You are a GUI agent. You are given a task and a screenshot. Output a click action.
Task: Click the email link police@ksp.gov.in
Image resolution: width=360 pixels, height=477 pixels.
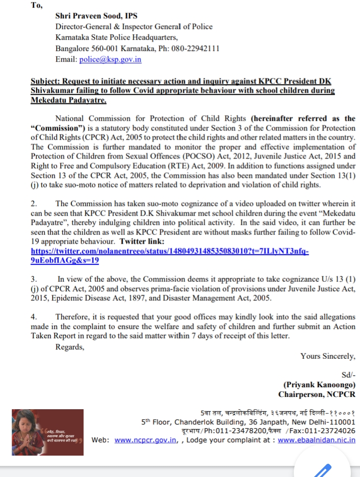tap(110, 60)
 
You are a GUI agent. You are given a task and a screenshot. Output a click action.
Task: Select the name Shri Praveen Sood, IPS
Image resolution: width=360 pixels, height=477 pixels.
tap(97, 16)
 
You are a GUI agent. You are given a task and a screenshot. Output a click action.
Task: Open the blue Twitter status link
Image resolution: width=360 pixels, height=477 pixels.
tap(170, 252)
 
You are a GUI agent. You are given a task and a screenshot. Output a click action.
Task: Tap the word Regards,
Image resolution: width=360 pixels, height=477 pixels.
tap(70, 347)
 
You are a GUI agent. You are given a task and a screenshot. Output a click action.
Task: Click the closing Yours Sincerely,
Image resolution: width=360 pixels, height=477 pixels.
tap(328, 356)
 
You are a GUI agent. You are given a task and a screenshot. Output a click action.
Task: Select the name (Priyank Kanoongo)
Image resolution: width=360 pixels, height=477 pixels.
tap(319, 385)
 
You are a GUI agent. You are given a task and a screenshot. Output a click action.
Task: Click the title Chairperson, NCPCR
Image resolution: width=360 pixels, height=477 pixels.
tap(317, 394)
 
